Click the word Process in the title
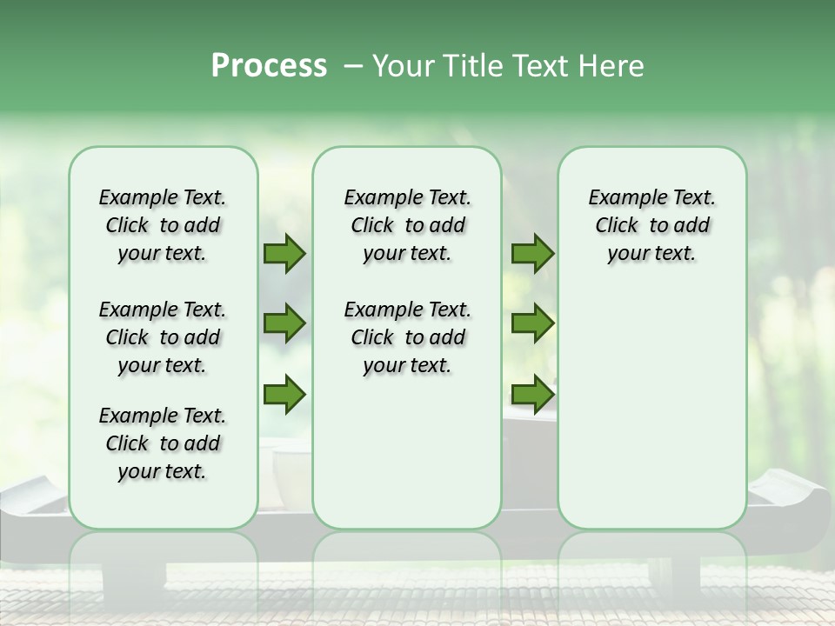click(x=269, y=66)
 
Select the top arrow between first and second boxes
click(x=284, y=254)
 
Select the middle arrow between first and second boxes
click(x=284, y=324)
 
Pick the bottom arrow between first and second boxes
click(x=284, y=395)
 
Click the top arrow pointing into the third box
click(x=532, y=254)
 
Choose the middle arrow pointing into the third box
click(x=532, y=324)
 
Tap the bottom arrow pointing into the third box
click(x=532, y=395)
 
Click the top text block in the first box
click(x=163, y=225)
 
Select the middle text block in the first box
click(x=163, y=337)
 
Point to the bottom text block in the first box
click(x=163, y=443)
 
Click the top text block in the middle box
click(x=408, y=225)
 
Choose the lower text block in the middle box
click(x=408, y=337)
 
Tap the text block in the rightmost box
click(x=652, y=225)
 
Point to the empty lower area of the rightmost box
click(x=652, y=409)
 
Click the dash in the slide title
click(x=354, y=66)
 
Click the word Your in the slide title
click(x=402, y=66)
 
